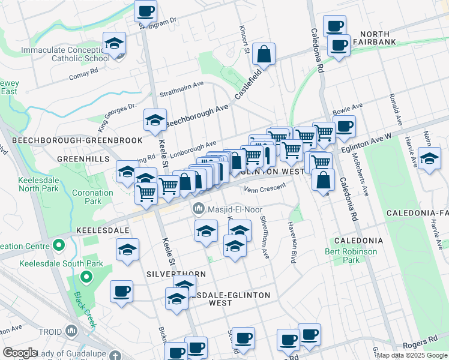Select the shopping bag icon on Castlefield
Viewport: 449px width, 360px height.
point(264,55)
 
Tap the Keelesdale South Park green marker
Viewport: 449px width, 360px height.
point(86,277)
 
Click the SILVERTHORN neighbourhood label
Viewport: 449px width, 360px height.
point(176,274)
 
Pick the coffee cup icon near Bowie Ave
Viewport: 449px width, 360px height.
point(345,127)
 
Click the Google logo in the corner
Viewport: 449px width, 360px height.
point(20,353)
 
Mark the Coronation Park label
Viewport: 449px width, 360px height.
point(92,197)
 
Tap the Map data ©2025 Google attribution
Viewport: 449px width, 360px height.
point(412,355)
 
